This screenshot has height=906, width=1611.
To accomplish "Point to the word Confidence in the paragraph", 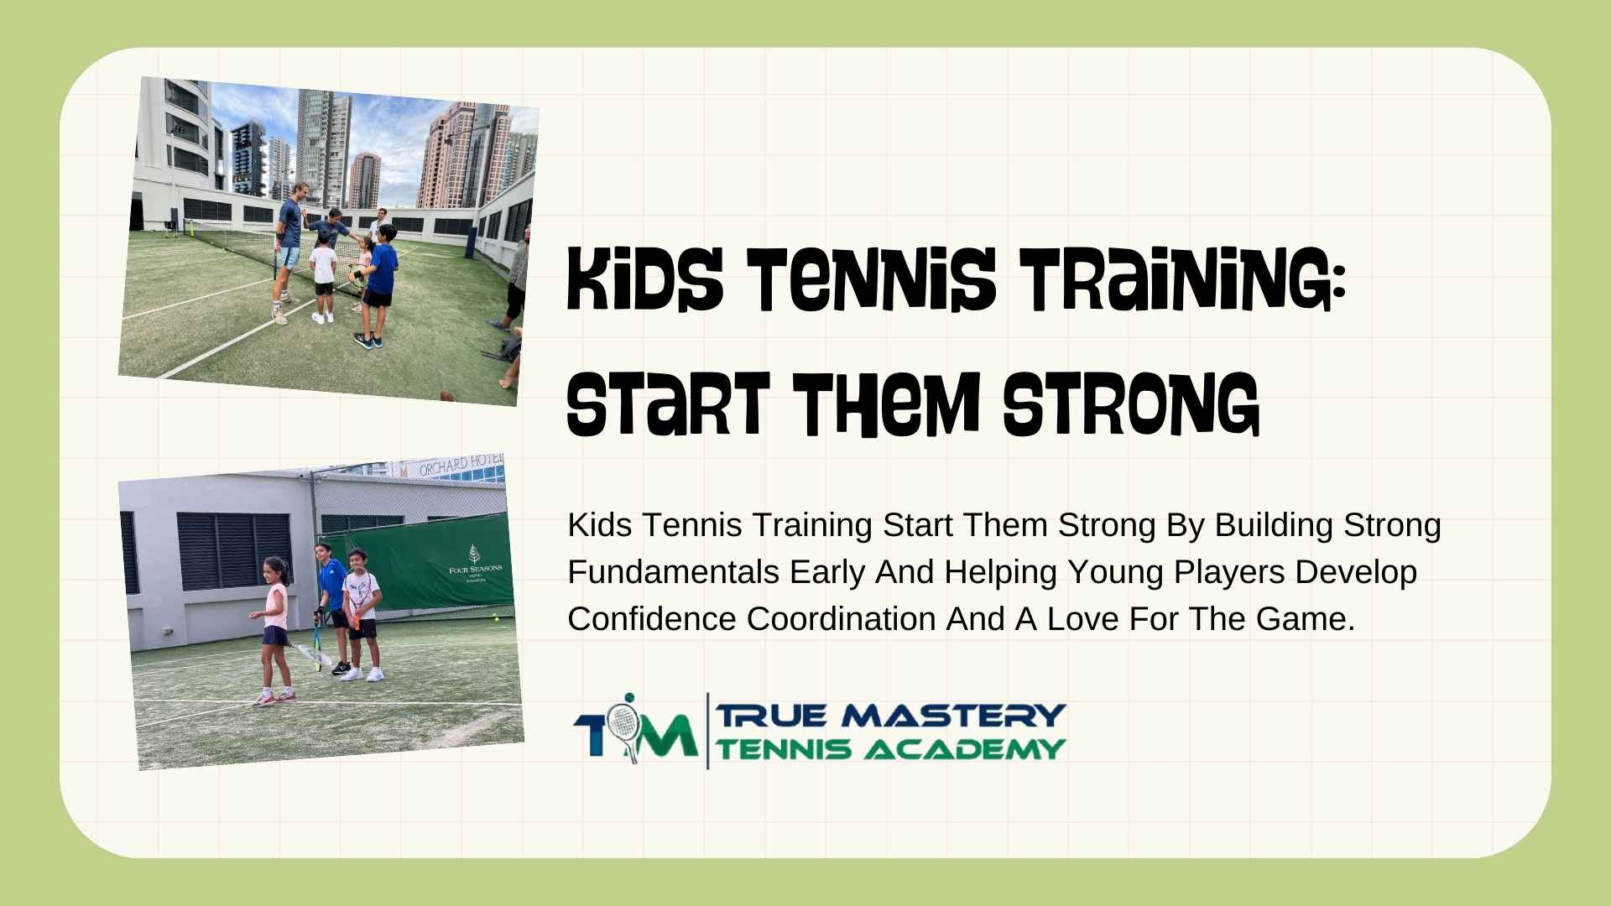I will (x=652, y=619).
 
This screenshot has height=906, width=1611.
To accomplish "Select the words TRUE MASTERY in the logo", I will (x=889, y=716).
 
